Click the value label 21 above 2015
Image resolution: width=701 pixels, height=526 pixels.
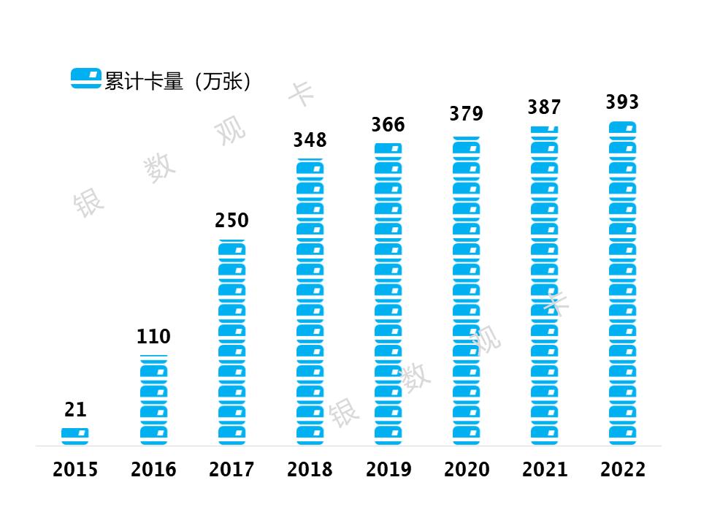75,410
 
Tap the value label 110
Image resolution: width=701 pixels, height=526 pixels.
153,337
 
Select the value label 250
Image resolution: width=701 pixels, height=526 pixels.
231,220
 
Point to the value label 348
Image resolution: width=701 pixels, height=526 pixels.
310,140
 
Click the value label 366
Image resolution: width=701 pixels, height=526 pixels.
388,124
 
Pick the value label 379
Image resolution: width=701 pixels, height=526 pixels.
466,114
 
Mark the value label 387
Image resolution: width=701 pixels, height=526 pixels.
544,107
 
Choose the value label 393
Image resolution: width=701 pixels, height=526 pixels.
622,102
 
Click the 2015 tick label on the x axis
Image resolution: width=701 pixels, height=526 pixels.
75,469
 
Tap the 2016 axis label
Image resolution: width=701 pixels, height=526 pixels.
153,469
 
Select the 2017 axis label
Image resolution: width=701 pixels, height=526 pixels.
231,469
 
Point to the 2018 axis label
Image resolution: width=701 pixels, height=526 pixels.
310,469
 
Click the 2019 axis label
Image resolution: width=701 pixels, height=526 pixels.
388,469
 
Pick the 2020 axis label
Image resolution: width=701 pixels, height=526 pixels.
466,469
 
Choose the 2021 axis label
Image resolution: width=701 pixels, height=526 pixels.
544,469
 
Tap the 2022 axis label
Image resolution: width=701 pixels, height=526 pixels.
622,469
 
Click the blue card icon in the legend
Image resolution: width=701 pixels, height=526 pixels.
86,78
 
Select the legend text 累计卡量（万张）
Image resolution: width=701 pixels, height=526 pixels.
178,80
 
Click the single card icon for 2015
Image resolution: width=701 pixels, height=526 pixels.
75,435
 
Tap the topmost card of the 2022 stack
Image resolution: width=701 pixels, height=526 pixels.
622,128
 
